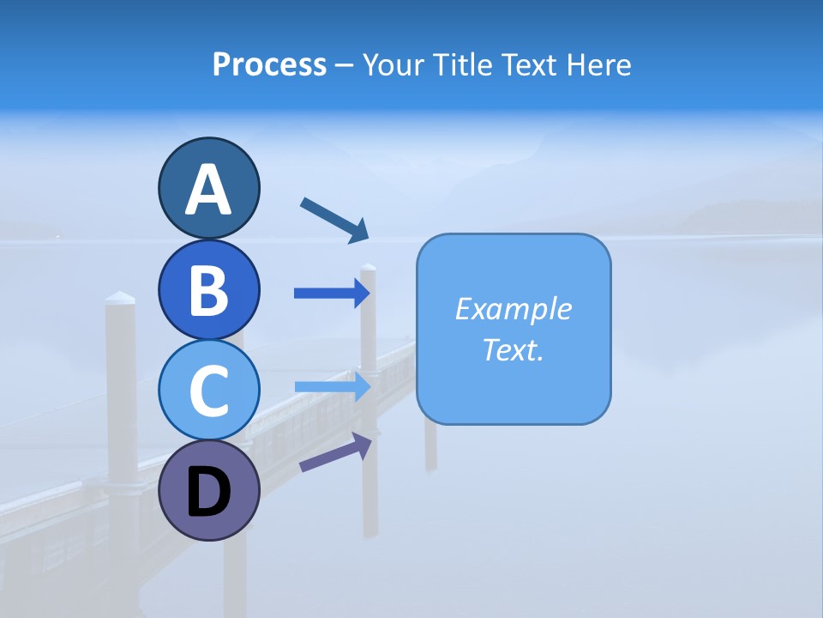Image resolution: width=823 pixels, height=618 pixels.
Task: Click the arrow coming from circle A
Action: pos(334,219)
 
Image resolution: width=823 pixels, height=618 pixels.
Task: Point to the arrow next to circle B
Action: pos(332,294)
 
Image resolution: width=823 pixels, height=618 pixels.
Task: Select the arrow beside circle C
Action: pos(332,386)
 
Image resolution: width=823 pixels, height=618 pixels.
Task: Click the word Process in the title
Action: pos(269,65)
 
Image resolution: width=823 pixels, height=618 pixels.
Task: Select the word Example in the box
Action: pos(513,309)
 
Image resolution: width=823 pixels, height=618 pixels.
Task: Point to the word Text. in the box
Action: pos(513,349)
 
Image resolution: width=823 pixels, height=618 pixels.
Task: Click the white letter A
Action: pos(209,189)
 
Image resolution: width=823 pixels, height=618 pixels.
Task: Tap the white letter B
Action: pos(209,290)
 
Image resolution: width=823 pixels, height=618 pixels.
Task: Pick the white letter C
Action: pos(209,391)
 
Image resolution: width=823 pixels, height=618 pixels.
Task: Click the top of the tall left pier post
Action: pos(120,299)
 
